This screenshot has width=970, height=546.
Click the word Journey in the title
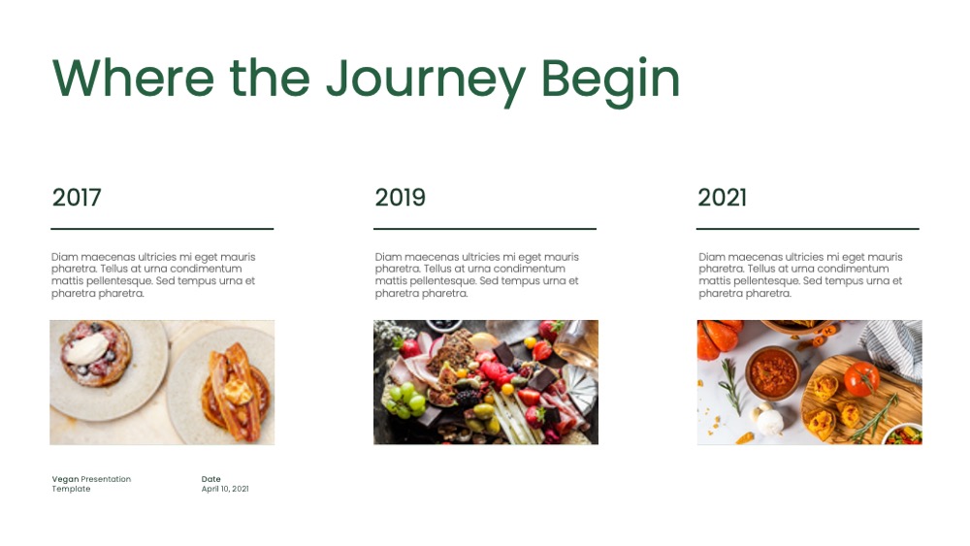[425, 80]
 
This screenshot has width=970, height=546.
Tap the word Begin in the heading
[610, 80]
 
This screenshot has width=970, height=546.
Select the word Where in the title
[133, 78]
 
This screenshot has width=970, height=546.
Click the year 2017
[76, 197]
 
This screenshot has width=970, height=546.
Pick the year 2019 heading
[400, 197]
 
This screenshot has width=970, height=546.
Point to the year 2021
[722, 197]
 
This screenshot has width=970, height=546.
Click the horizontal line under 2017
[162, 229]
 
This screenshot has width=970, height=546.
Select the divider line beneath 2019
[485, 229]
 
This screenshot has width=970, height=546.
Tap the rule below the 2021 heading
[808, 229]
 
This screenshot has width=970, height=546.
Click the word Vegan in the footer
[65, 479]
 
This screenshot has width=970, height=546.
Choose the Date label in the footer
[210, 479]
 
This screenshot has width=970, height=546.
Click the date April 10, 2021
[225, 489]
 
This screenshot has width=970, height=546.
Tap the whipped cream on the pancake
[86, 349]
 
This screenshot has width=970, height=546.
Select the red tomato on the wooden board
[861, 378]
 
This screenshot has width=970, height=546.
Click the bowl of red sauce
[773, 373]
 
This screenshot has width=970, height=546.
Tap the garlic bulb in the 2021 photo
[769, 420]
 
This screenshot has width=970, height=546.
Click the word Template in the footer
[71, 489]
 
